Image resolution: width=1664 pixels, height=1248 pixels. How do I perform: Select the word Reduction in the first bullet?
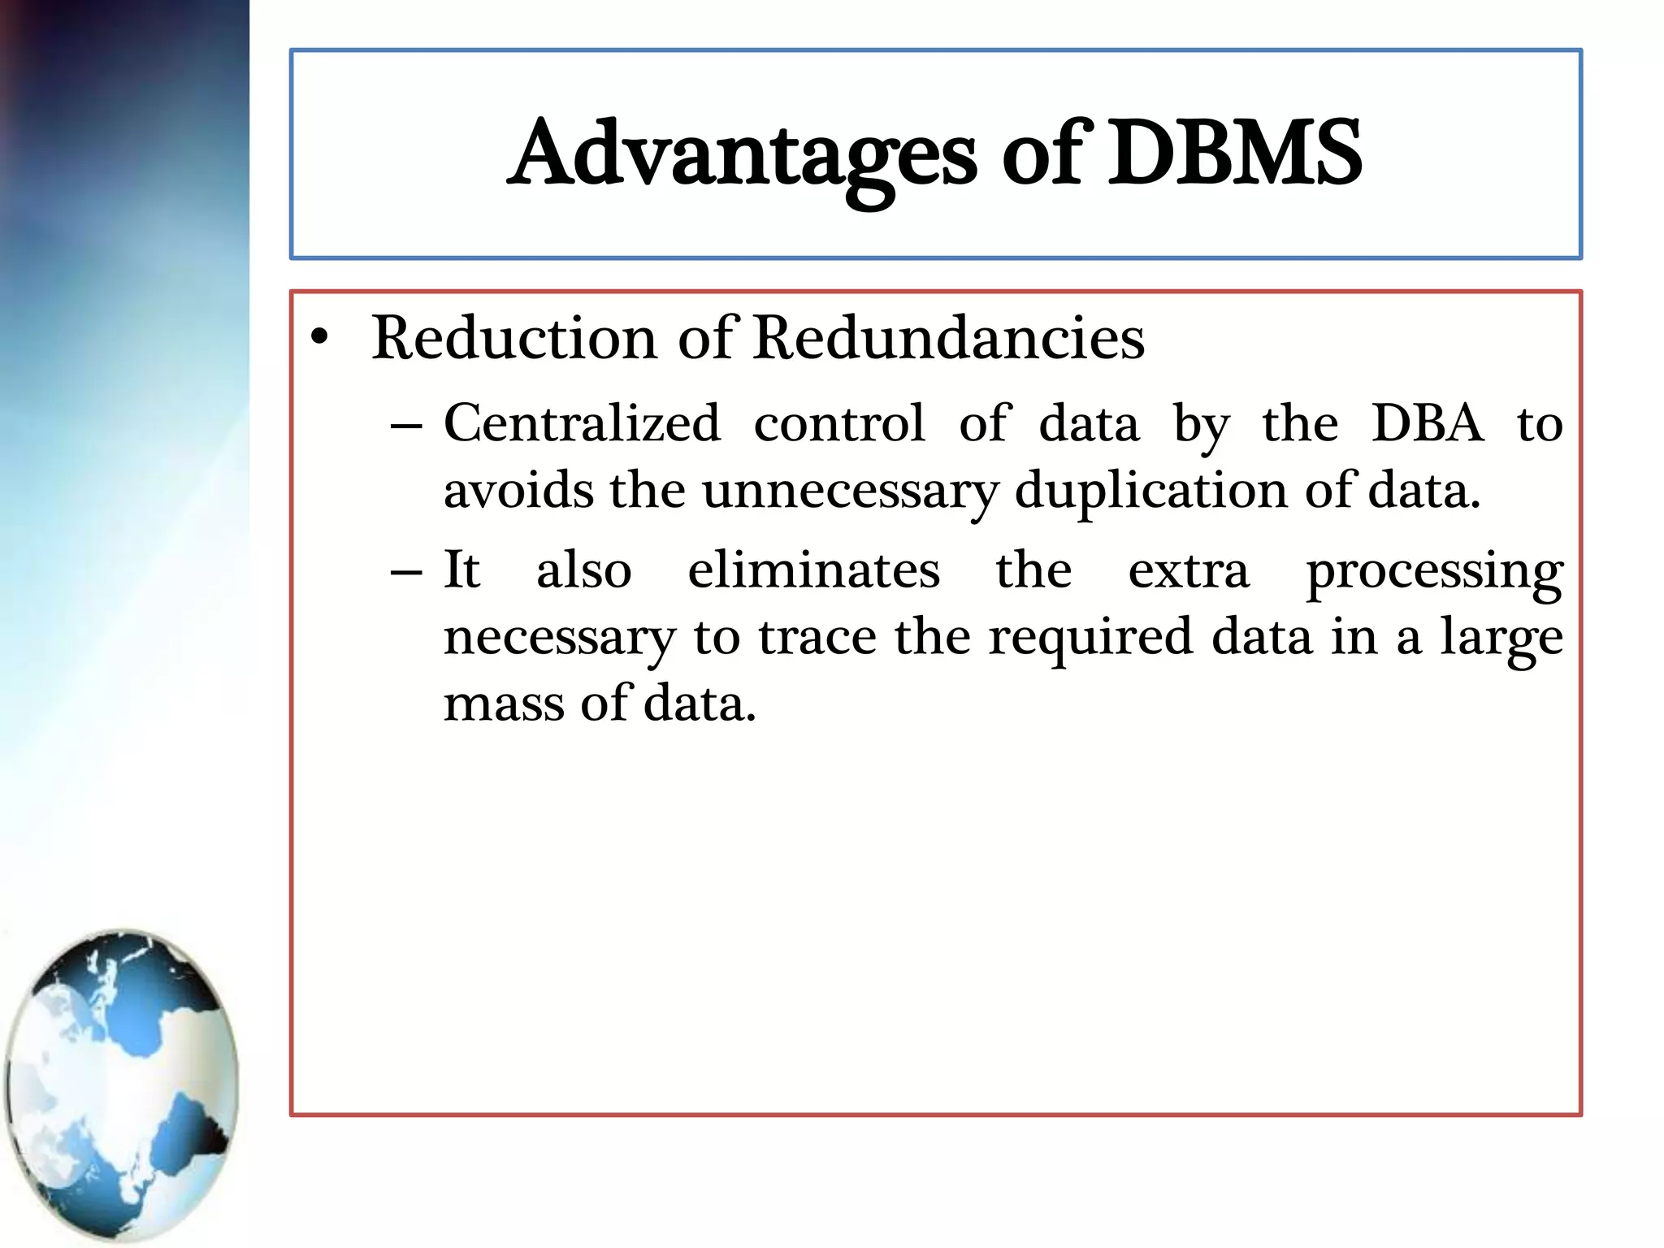[x=513, y=337]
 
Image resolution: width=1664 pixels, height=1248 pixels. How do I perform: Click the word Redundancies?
[x=948, y=337]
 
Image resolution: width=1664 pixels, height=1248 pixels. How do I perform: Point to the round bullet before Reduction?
[x=320, y=339]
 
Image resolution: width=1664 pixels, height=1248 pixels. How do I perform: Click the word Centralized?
[x=582, y=423]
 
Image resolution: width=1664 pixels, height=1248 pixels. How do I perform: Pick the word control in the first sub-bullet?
[x=839, y=423]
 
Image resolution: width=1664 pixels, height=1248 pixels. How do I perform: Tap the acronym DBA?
[x=1428, y=423]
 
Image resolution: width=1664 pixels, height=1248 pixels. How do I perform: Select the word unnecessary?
[x=850, y=492]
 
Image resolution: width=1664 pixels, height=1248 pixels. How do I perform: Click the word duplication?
[x=1150, y=492]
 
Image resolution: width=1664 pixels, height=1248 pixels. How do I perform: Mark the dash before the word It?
[x=406, y=572]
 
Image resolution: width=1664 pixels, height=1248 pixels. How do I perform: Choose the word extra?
[x=1189, y=570]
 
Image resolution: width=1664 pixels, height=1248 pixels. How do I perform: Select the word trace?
[x=817, y=637]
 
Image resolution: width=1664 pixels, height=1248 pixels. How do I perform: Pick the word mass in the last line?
[x=503, y=704]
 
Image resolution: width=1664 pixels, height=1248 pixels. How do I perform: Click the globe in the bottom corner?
[x=122, y=1085]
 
